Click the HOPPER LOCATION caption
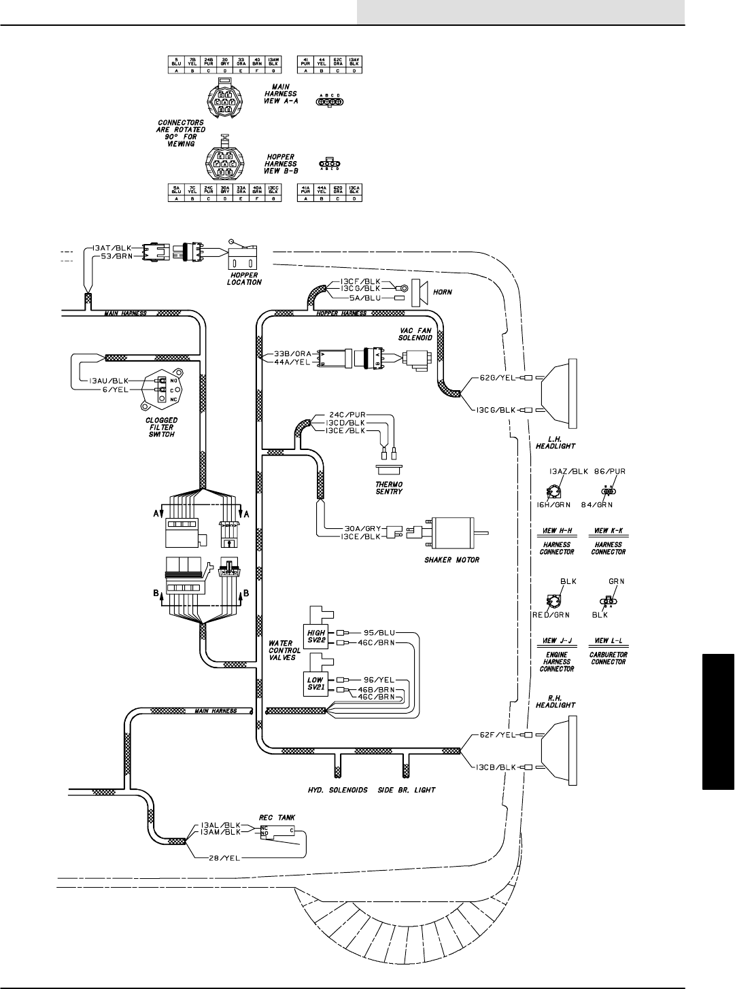click(x=243, y=278)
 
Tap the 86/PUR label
click(x=610, y=470)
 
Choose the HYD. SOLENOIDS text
click(x=335, y=791)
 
